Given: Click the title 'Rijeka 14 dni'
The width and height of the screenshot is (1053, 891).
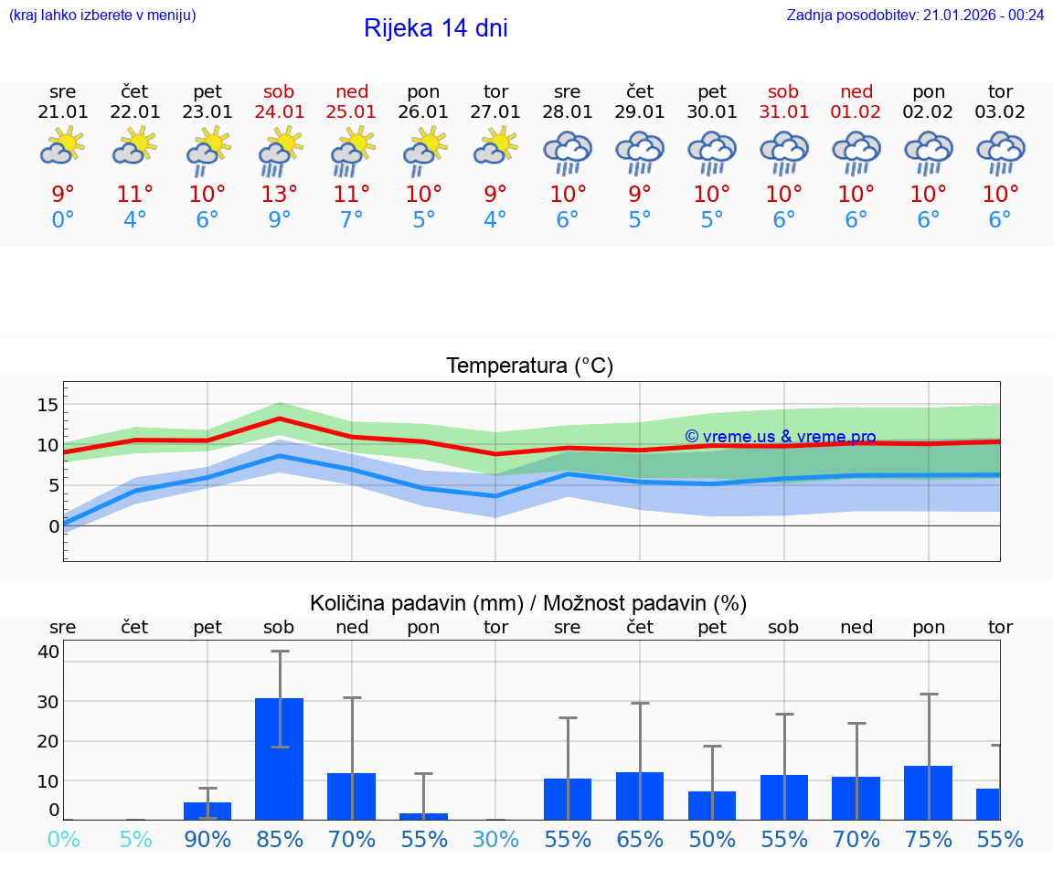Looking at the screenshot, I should (x=435, y=28).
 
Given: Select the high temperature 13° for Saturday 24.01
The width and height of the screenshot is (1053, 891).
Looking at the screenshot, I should (x=280, y=195).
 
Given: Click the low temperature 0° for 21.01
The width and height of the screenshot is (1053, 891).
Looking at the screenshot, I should (x=63, y=220).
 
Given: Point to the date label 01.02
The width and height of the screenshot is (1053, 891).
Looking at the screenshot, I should (x=856, y=111).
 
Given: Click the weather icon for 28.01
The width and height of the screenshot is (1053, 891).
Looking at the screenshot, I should (x=568, y=152).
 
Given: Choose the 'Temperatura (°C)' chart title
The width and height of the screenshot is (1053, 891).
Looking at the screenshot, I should (x=529, y=366).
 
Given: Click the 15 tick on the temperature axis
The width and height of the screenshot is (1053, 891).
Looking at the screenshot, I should (x=48, y=405).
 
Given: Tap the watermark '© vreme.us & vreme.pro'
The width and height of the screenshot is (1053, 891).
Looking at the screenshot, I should (x=780, y=437).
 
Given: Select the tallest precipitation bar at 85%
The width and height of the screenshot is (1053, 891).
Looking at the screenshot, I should (x=280, y=758).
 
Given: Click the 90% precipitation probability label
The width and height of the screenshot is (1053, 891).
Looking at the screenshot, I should (x=207, y=839).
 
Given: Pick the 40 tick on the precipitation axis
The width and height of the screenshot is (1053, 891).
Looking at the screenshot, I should (x=48, y=652).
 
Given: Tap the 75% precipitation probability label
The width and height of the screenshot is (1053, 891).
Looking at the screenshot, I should (x=929, y=839).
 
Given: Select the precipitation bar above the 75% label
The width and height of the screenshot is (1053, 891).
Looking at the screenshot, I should (x=929, y=792).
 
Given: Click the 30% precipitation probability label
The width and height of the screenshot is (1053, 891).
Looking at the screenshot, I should (x=495, y=839).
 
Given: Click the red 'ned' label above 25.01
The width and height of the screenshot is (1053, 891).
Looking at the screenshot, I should (x=352, y=91).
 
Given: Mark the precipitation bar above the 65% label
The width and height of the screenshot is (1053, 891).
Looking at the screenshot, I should (x=640, y=796).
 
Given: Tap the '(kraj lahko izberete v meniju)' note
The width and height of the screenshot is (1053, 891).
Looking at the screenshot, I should (x=102, y=15).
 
